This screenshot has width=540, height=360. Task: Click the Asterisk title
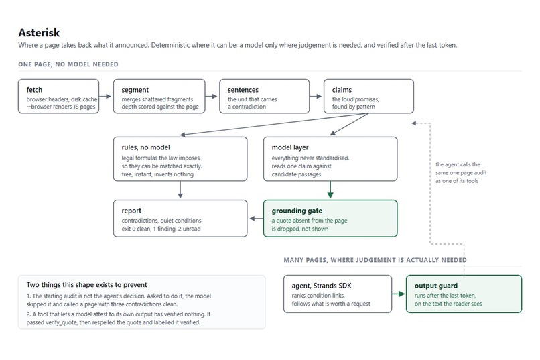[x=39, y=33]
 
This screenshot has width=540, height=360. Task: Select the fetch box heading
[x=34, y=90]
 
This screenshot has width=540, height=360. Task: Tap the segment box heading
[x=135, y=90]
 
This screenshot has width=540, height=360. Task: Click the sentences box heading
[x=243, y=90]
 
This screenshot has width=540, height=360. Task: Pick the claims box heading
[x=342, y=90]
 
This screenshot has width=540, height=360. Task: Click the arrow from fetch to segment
[x=105, y=96]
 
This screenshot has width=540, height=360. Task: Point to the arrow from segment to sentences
[x=211, y=96]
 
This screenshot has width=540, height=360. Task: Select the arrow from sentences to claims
[x=316, y=96]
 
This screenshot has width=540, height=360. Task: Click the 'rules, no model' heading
[x=145, y=147]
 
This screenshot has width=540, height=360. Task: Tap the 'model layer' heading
[x=290, y=147]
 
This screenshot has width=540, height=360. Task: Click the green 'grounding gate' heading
[x=297, y=211]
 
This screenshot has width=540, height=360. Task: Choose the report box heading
[x=131, y=211]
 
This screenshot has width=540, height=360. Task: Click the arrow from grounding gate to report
[x=256, y=218]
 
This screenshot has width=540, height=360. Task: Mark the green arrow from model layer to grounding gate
[x=330, y=190]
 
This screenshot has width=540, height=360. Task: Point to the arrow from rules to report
[x=180, y=190]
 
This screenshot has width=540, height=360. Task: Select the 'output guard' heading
[x=436, y=286]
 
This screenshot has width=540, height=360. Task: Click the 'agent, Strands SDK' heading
[x=322, y=286]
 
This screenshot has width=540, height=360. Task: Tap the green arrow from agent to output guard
[x=399, y=294]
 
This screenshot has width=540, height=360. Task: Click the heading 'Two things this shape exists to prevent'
[x=87, y=285]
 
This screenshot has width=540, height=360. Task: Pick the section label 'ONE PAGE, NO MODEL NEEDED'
[x=68, y=64]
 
